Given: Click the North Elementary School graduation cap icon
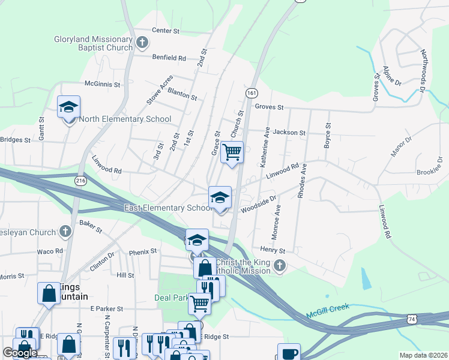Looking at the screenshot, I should (68, 107).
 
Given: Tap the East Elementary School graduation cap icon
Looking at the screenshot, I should (220, 197).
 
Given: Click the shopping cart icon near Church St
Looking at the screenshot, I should (232, 152).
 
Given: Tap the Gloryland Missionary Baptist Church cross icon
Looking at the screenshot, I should (142, 42).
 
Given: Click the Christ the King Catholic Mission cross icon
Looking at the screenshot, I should (279, 265).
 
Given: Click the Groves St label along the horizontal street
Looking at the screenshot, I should (268, 107).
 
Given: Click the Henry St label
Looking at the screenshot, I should (273, 249).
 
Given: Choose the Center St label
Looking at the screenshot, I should (166, 30).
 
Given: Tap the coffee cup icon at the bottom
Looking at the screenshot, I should (288, 352).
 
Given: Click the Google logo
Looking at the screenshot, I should (19, 353).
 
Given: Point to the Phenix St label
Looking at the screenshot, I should (142, 251).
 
